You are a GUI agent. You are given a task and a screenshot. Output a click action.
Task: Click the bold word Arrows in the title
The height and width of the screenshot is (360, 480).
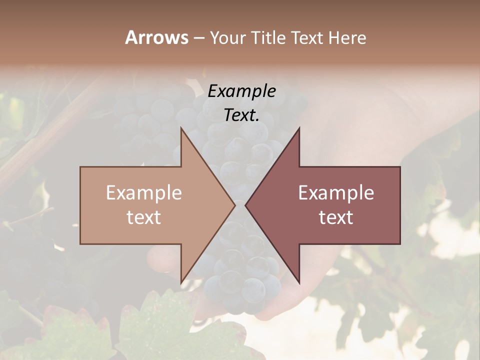(x=156, y=37)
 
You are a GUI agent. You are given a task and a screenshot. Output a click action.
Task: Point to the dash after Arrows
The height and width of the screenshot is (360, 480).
(x=198, y=38)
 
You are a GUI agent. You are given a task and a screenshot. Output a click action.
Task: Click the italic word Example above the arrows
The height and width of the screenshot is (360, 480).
(x=241, y=91)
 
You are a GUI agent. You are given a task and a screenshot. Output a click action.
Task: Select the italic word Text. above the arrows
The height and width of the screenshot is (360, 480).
(x=241, y=115)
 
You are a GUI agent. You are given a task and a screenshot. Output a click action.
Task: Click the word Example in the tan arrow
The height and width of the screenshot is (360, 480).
(x=144, y=193)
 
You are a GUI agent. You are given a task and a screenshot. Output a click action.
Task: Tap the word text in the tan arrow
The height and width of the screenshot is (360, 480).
(x=144, y=217)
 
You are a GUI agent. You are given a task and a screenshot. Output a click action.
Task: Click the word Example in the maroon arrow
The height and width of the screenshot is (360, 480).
(x=336, y=193)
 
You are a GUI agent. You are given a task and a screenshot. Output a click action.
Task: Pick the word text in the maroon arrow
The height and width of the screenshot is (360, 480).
(x=336, y=217)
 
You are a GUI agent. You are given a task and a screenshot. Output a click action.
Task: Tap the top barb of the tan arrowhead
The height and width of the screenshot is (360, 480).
(x=181, y=129)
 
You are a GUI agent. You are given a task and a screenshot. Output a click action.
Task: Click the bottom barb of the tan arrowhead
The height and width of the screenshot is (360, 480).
(x=181, y=281)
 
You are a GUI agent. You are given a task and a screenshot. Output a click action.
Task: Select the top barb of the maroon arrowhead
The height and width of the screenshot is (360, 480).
(x=298, y=129)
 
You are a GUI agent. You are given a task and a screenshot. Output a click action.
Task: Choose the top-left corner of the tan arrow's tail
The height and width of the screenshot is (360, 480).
(x=81, y=167)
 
